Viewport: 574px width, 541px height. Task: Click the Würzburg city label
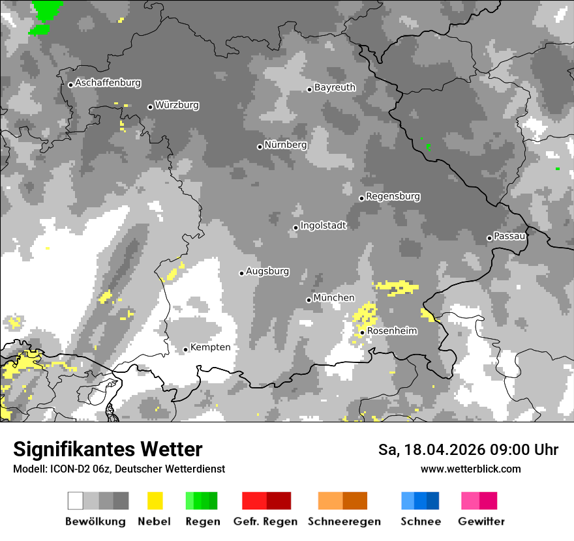(177, 105)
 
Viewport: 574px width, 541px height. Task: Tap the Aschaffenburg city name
(108, 83)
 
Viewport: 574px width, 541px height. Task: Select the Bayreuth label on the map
(335, 87)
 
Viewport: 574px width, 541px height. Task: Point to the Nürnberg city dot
(260, 147)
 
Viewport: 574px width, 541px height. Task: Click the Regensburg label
(393, 196)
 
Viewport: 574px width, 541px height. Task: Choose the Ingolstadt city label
(323, 226)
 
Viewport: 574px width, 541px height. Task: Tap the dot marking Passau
(489, 238)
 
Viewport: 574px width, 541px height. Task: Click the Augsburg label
(267, 271)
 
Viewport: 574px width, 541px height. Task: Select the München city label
(334, 298)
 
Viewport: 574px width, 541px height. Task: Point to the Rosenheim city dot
(362, 332)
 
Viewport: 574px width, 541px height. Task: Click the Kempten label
(210, 347)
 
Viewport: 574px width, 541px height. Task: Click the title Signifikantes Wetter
(108, 449)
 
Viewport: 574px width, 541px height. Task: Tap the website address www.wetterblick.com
(470, 469)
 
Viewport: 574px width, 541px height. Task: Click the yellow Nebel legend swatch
(155, 501)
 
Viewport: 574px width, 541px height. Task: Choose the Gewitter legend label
(481, 521)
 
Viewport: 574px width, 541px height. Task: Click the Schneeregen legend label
(344, 521)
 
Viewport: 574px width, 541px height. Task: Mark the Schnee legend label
(420, 521)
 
